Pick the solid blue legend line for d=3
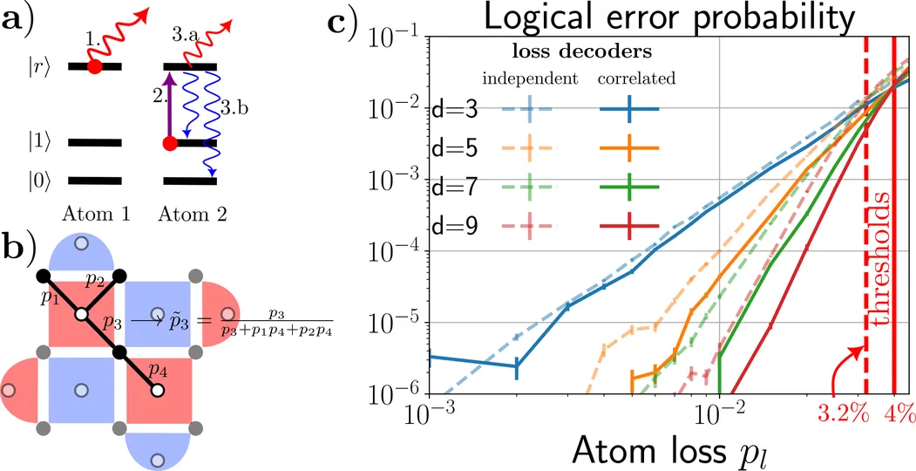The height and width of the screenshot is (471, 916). (x=628, y=109)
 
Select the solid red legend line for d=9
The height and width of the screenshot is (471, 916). (x=628, y=226)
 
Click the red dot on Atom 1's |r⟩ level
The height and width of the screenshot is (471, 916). (x=95, y=66)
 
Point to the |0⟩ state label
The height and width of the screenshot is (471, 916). (x=45, y=181)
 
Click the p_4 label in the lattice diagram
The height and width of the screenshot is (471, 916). (x=158, y=370)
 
